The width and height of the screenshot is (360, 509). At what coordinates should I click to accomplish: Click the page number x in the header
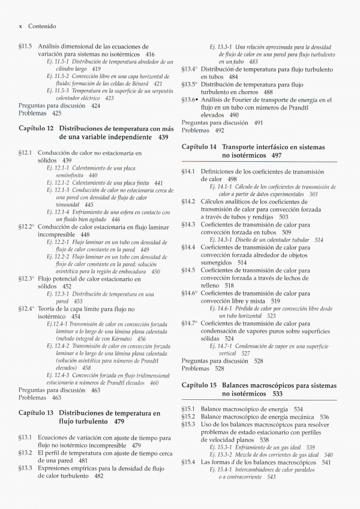tap(21, 26)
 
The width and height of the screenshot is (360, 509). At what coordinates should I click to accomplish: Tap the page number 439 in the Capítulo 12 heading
tap(164, 137)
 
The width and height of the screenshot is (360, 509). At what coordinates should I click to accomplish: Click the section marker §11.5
tap(26, 46)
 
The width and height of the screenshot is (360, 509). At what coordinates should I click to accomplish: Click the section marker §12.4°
tap(27, 308)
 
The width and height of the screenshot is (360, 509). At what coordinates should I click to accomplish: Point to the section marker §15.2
tap(189, 417)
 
